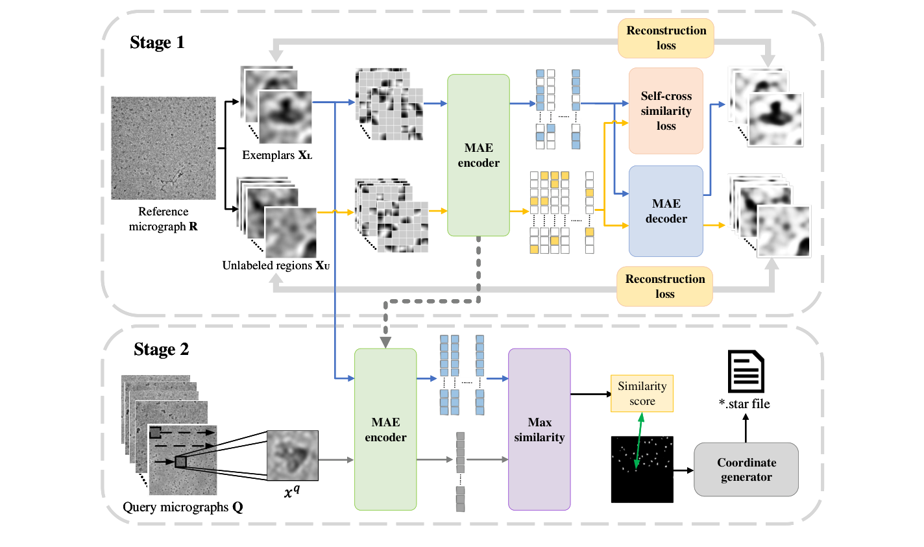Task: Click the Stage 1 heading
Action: click(x=157, y=43)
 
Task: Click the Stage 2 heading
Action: click(x=161, y=350)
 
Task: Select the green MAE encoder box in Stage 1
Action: click(x=478, y=155)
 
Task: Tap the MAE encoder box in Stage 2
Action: click(x=385, y=430)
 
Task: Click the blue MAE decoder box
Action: click(x=666, y=211)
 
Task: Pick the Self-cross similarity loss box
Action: click(x=666, y=111)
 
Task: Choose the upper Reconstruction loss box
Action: click(x=666, y=38)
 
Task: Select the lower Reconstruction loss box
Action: click(x=664, y=286)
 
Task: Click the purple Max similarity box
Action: click(x=539, y=430)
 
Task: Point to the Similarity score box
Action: click(x=642, y=393)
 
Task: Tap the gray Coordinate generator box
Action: click(x=746, y=470)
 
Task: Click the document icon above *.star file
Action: click(x=746, y=371)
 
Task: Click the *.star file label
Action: click(x=744, y=404)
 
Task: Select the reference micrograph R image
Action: click(x=164, y=148)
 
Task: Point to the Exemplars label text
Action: click(x=276, y=155)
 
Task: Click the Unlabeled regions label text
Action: click(x=276, y=265)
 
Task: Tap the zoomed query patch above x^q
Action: click(x=293, y=456)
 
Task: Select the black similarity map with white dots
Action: click(x=642, y=469)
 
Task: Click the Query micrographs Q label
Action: click(x=182, y=507)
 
